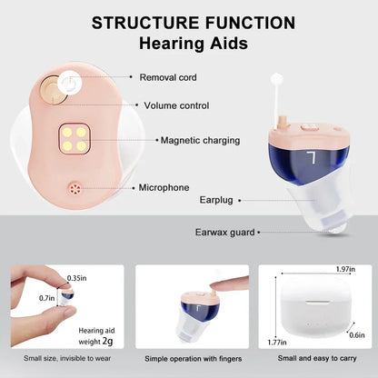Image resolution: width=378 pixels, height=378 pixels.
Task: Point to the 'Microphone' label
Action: coord(164,187)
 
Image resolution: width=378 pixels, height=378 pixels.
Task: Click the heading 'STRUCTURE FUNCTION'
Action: coord(193,22)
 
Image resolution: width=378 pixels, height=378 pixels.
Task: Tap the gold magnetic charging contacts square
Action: coord(72,137)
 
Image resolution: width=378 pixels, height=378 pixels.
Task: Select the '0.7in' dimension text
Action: coord(45,297)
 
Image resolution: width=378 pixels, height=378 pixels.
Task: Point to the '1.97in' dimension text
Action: coord(344,270)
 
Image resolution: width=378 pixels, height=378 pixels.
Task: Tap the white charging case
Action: coord(308,310)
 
